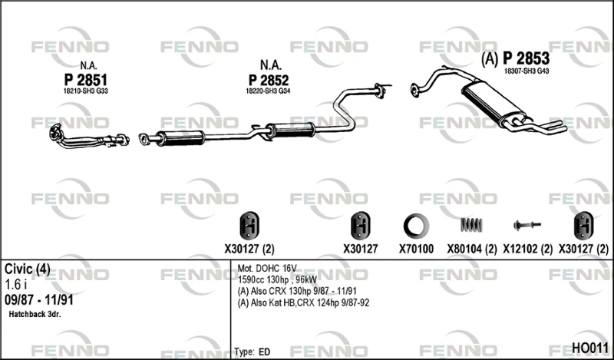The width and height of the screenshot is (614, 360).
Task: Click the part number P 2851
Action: tap(85, 80)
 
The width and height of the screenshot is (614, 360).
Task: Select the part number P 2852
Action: tap(269, 80)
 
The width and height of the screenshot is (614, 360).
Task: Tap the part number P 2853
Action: tap(526, 59)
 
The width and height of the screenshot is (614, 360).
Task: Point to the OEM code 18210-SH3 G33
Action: tap(85, 91)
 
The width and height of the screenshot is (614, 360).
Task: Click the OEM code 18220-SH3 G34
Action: tap(268, 91)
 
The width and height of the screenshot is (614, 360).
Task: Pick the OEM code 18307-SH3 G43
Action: tap(527, 71)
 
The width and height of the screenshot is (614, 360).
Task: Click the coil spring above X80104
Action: tap(471, 225)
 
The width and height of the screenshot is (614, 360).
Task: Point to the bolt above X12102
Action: tap(527, 225)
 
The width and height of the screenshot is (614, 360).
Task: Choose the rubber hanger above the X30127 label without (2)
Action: tap(360, 226)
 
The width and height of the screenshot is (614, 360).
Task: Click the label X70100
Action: tap(416, 249)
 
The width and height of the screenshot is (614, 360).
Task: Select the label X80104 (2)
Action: tap(472, 249)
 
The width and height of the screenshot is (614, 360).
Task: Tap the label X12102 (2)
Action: tap(527, 249)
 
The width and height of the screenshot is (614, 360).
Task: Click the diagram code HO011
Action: tap(590, 348)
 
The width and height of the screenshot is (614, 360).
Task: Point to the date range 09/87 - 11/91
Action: tap(39, 300)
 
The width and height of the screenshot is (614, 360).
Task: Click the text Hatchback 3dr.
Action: tap(35, 314)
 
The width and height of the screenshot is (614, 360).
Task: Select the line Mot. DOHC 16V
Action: tap(267, 269)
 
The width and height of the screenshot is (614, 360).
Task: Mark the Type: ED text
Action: tap(253, 352)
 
